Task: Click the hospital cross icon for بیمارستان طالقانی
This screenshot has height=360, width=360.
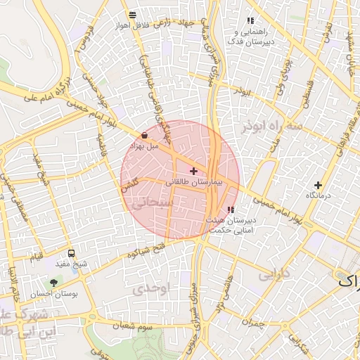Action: [x=193, y=171]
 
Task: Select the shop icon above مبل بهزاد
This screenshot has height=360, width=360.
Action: [x=144, y=134]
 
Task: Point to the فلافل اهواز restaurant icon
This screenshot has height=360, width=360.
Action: [x=132, y=15]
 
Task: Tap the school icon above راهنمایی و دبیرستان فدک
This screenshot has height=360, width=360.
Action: [x=250, y=21]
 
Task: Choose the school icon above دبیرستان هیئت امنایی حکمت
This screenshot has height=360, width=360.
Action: [x=231, y=210]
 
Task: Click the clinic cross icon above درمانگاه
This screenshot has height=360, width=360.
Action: [x=319, y=185]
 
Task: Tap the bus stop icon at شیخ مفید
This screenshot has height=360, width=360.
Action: [x=71, y=253]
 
